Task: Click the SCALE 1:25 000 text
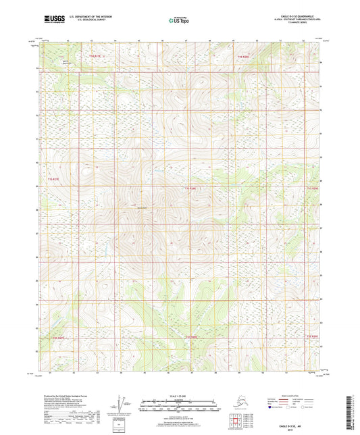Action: tap(179, 394)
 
